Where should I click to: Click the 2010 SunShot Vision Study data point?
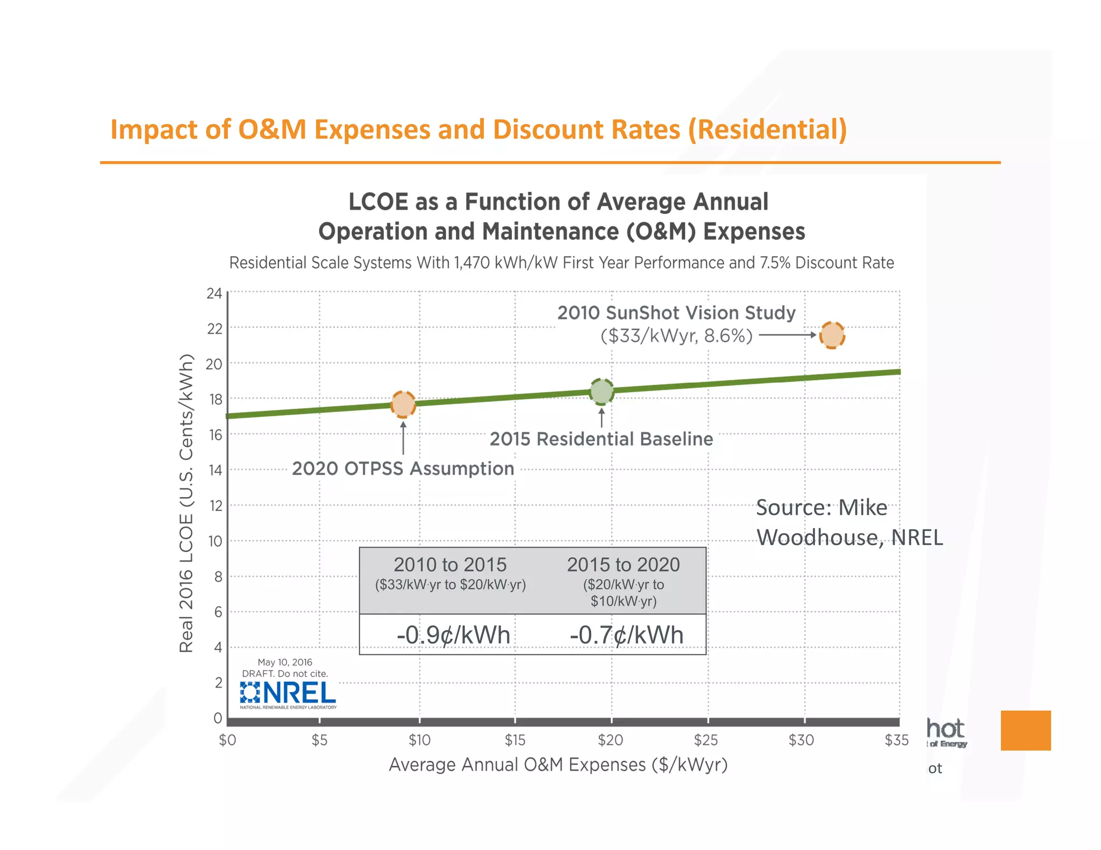pyautogui.click(x=832, y=335)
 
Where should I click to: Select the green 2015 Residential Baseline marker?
pyautogui.click(x=602, y=391)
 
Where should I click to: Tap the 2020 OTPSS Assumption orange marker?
pyautogui.click(x=403, y=404)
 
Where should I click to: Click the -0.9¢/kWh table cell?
pyautogui.click(x=453, y=635)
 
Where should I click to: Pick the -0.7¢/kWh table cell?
pyautogui.click(x=626, y=635)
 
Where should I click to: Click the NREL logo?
pyautogui.click(x=288, y=694)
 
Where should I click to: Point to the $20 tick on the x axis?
pyautogui.click(x=610, y=740)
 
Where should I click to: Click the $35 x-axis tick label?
pyautogui.click(x=896, y=740)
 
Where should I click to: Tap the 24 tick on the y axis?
pyautogui.click(x=214, y=293)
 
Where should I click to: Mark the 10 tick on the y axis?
pyautogui.click(x=215, y=541)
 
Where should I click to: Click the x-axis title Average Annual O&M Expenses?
pyautogui.click(x=557, y=765)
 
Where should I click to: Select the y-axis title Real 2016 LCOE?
pyautogui.click(x=186, y=503)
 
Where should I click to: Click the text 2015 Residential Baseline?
pyautogui.click(x=601, y=439)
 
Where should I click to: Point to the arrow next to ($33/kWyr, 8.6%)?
pyautogui.click(x=788, y=335)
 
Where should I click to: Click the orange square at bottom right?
pyautogui.click(x=1025, y=730)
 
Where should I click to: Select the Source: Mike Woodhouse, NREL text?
pyautogui.click(x=849, y=522)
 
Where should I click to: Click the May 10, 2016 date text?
pyautogui.click(x=284, y=662)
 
